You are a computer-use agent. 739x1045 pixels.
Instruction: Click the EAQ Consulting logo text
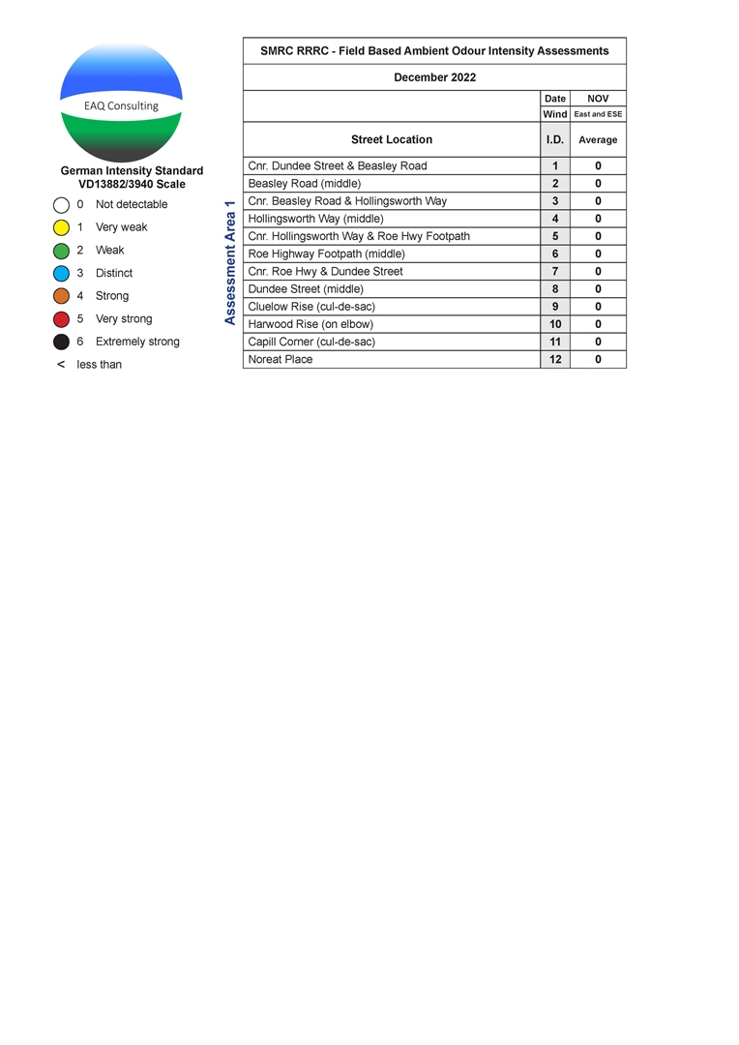point(121,106)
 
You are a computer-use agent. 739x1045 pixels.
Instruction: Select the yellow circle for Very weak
point(61,227)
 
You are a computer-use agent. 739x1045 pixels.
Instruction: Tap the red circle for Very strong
point(61,319)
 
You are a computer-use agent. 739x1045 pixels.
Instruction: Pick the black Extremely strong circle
point(61,342)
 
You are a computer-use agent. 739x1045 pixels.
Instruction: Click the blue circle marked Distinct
point(61,273)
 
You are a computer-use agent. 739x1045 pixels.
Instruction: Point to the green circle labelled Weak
point(61,251)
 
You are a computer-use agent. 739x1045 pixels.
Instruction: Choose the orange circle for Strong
point(61,296)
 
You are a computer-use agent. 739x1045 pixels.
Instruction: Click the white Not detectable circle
point(61,205)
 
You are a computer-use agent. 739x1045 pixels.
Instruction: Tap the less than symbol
point(61,365)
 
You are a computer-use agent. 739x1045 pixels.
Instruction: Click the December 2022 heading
point(434,77)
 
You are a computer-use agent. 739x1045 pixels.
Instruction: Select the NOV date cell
point(598,99)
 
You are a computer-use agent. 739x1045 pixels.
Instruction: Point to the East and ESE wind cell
point(598,114)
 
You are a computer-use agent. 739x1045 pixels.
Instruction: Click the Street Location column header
point(392,139)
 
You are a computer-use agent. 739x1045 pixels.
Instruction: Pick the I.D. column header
point(555,139)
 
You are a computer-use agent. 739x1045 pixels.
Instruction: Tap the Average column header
point(598,139)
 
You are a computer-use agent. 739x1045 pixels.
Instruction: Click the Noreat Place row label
point(281,359)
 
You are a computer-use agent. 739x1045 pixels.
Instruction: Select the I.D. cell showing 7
point(555,271)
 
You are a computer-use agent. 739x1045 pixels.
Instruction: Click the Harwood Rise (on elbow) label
point(310,324)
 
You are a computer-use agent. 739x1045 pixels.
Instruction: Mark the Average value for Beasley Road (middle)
point(598,183)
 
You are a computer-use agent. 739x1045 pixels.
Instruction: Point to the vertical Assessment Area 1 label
point(230,262)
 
